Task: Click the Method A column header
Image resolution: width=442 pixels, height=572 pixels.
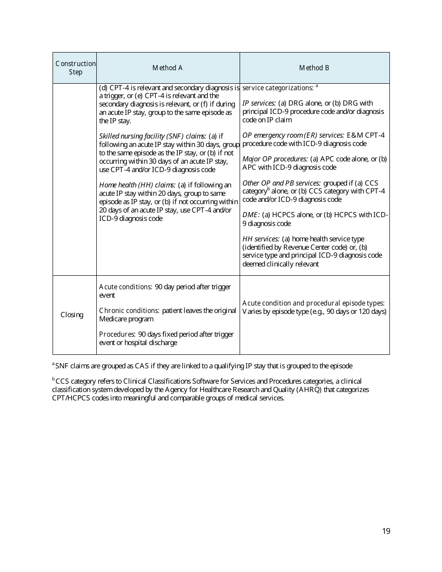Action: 167,68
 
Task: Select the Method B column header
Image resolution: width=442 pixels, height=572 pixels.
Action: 314,68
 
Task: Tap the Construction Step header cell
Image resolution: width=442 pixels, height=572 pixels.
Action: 75,68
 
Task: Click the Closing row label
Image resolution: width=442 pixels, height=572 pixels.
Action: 72,315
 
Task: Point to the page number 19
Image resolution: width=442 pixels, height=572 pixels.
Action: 386,532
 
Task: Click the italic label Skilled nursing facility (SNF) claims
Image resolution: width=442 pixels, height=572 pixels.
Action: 153,136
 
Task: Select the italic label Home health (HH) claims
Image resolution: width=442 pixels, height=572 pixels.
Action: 137,185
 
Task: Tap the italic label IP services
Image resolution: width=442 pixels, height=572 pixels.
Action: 259,103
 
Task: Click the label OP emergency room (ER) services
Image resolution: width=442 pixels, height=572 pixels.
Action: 293,135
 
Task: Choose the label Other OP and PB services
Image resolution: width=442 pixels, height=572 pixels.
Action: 281,183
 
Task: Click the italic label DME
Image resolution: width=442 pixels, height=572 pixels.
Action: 251,215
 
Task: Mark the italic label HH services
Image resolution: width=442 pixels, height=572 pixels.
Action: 261,239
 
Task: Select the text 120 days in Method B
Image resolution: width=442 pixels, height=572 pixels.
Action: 373,312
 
